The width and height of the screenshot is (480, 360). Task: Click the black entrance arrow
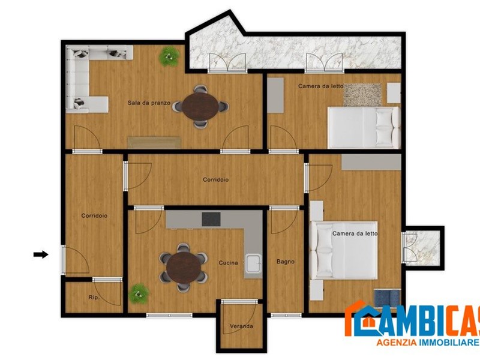point(41,254)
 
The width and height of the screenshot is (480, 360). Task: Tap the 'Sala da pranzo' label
point(149,103)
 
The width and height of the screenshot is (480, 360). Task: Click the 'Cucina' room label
point(228,263)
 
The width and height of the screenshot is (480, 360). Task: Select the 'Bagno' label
point(285,262)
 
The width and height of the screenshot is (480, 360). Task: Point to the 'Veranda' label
point(241,327)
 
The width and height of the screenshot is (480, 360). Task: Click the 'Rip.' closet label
point(94,298)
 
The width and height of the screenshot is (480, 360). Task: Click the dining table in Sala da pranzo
point(200,106)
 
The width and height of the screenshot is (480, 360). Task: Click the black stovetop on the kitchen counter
point(211,219)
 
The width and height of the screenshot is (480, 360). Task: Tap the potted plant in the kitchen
point(140,292)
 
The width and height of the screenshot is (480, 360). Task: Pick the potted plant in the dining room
point(169,56)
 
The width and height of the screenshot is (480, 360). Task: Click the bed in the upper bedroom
point(364,127)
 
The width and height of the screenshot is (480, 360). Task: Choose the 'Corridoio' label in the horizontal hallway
point(215,179)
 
